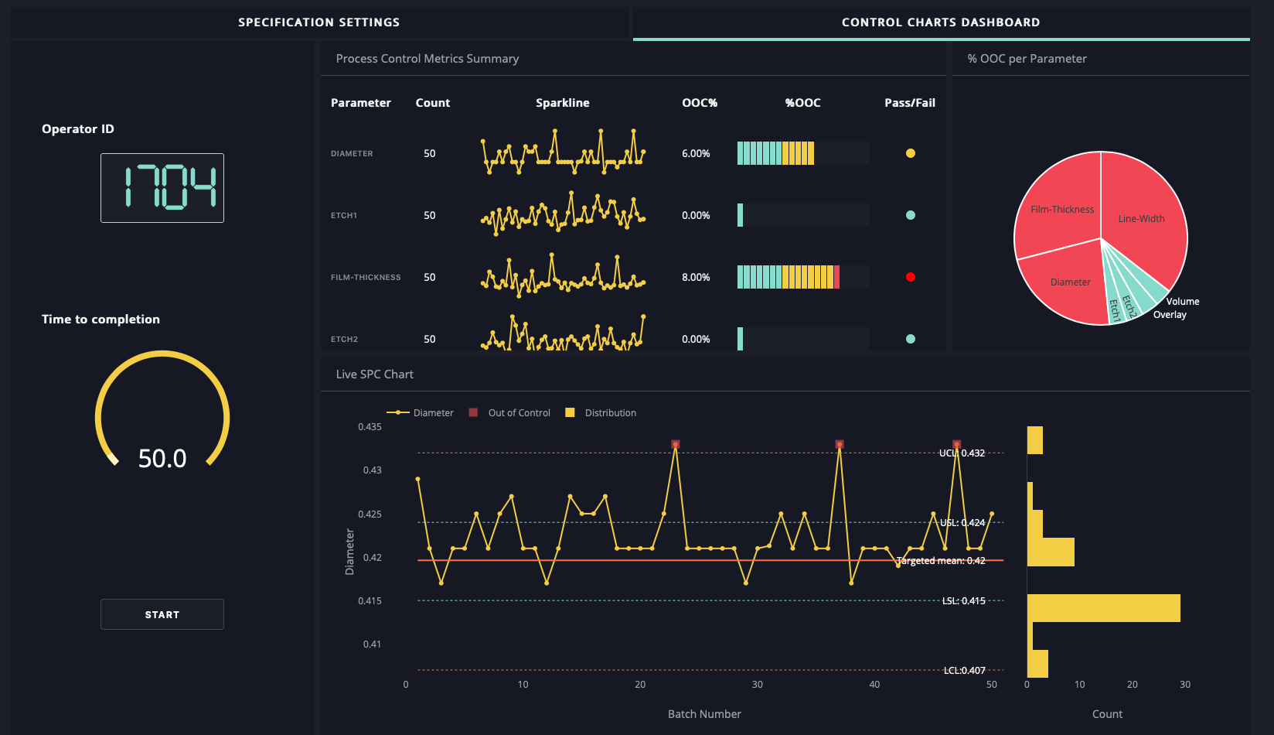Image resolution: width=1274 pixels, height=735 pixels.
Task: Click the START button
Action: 162,614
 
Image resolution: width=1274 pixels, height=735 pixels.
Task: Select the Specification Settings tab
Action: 318,22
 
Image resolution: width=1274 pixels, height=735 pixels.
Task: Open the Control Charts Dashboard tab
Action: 941,22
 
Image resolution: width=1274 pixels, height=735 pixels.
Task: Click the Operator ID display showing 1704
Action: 162,188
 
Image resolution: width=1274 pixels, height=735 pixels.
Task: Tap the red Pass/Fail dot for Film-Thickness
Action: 910,277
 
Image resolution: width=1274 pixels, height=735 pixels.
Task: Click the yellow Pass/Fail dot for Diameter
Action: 910,153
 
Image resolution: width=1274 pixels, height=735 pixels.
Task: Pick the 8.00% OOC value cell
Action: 696,277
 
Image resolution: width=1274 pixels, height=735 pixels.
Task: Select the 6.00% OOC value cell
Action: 696,153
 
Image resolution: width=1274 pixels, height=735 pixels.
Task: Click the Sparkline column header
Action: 562,103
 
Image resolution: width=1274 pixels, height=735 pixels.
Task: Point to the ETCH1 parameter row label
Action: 344,215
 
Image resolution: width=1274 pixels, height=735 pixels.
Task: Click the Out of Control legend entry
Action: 519,413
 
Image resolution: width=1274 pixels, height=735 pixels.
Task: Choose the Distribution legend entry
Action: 610,413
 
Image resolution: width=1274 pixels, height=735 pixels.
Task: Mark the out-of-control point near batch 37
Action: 840,445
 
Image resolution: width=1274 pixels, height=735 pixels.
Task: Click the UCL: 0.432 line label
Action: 962,453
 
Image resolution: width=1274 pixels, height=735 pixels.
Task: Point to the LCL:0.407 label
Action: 965,671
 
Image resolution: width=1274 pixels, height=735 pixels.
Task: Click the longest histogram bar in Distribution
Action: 1103,608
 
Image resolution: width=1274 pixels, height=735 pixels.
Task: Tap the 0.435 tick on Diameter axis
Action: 370,427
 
